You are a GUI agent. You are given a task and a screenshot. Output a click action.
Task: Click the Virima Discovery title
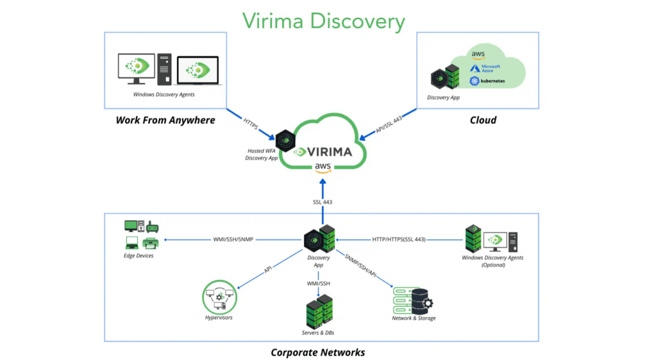tap(323, 20)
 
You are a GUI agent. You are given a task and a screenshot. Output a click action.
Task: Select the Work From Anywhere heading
tap(165, 120)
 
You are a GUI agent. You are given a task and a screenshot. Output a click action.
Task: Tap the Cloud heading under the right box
tap(483, 120)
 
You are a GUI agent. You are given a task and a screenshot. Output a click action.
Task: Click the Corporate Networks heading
tap(317, 352)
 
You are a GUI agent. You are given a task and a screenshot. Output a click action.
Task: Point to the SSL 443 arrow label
tap(322, 202)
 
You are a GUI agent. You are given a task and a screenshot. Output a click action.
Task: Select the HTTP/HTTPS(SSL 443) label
tap(399, 239)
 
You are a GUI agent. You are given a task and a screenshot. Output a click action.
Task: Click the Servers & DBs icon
tap(317, 311)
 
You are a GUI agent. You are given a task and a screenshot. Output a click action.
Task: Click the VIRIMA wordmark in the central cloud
tap(330, 152)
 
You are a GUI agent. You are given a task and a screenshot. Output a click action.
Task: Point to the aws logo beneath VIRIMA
tap(322, 168)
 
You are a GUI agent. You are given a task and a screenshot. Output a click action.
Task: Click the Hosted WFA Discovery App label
tap(261, 154)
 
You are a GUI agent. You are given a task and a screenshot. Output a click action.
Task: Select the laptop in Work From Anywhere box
tap(198, 70)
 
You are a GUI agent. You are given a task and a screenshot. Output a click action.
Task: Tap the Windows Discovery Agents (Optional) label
tap(492, 261)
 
